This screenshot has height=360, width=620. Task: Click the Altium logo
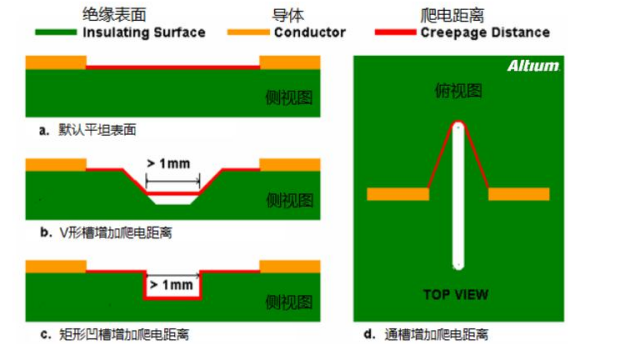[535, 67]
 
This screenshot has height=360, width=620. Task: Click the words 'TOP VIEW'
[456, 294]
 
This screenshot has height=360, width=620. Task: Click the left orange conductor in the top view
[397, 194]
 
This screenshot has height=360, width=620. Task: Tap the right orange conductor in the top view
[519, 194]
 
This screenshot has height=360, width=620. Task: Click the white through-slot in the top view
[457, 200]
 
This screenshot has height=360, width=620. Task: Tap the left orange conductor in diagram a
[56, 62]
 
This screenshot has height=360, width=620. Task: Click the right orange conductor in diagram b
[290, 163]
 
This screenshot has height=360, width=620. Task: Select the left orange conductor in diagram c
[56, 266]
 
